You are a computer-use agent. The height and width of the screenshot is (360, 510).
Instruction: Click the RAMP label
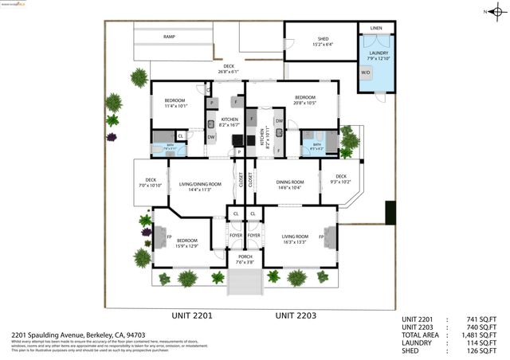coord(169,37)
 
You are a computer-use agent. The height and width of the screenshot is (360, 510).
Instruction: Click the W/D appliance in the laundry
coord(366,72)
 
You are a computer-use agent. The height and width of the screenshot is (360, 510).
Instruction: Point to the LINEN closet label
coord(376,28)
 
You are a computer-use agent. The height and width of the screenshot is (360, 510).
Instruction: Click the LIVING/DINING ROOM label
coord(194,186)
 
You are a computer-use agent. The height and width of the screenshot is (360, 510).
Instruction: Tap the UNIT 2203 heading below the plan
coord(296,316)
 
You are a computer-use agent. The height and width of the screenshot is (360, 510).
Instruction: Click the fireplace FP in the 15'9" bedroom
coord(168,237)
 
